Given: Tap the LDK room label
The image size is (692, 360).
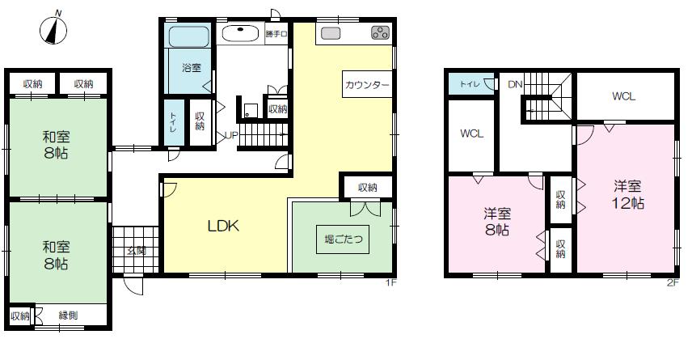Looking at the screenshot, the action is [x=223, y=226].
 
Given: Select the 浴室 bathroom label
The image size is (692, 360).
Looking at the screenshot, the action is [x=192, y=68].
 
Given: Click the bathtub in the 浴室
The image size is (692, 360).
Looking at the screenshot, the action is [x=188, y=36].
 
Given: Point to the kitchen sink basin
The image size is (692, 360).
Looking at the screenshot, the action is [x=331, y=33].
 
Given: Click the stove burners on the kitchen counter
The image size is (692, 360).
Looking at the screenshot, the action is [x=380, y=32].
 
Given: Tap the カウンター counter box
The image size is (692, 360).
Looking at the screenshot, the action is [x=367, y=84].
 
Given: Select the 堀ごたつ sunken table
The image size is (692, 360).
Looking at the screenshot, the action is [x=343, y=239].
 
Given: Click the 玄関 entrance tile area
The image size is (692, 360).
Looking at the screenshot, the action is [x=136, y=250].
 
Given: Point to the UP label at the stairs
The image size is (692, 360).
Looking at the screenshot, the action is [x=232, y=136].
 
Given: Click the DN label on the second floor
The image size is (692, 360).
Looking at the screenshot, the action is [x=515, y=84].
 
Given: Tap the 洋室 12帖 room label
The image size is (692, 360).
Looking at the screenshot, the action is [x=627, y=194].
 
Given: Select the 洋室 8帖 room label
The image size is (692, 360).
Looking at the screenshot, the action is [x=497, y=222].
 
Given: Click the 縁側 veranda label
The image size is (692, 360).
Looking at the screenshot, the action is [x=69, y=316].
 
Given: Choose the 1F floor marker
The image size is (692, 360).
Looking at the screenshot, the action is [x=391, y=282].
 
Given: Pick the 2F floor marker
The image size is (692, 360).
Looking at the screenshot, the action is [x=673, y=283].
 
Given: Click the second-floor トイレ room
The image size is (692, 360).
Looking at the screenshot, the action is [x=471, y=84].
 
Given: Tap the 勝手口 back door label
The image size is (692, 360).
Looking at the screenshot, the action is [x=276, y=33].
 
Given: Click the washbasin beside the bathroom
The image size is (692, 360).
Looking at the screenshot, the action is [x=241, y=33].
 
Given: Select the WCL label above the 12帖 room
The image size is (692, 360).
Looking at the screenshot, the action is [x=623, y=96].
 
